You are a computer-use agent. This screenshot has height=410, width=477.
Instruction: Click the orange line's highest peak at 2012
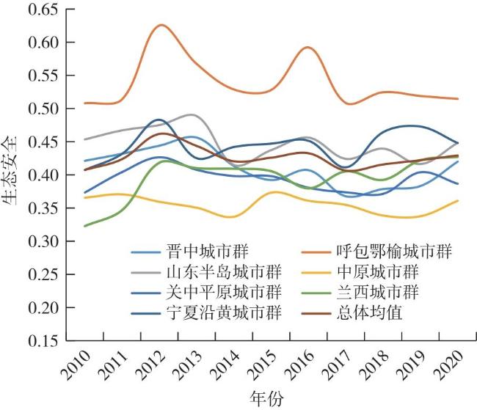(x=161, y=25)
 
